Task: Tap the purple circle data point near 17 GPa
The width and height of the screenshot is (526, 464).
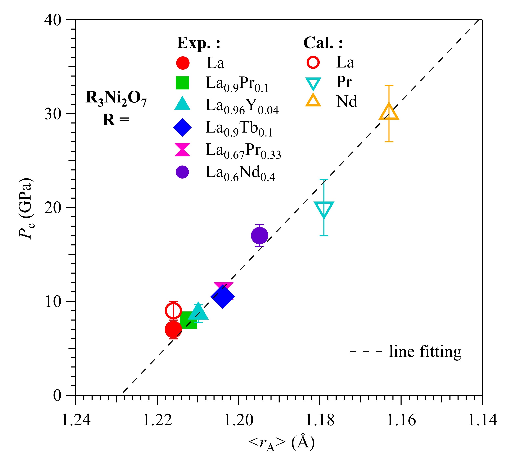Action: point(259,235)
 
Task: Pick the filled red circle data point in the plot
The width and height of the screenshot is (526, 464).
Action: point(173,329)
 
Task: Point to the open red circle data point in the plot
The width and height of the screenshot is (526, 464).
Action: point(173,311)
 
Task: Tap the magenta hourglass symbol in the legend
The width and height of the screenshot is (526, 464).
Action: point(182,150)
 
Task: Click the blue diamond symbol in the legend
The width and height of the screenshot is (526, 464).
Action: point(182,127)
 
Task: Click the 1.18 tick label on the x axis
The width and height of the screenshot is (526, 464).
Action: point(320,420)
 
